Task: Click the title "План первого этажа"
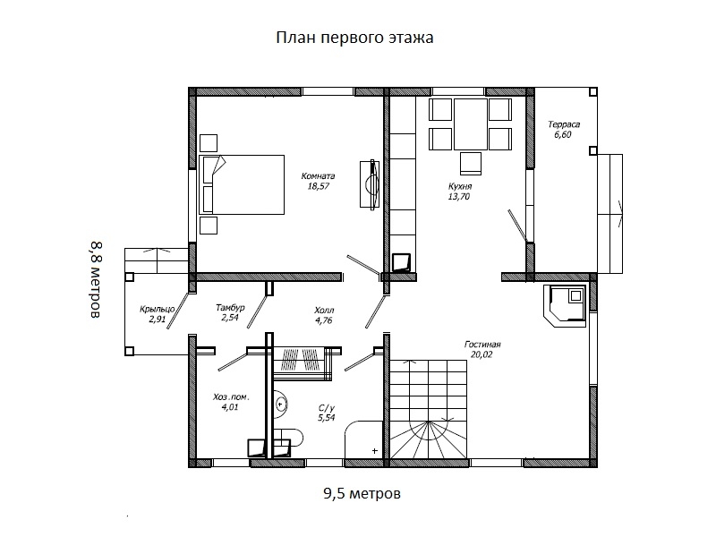click(354, 38)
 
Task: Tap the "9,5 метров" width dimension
click(362, 493)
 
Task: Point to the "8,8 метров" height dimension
click(95, 279)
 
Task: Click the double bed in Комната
click(242, 184)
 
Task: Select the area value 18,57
click(319, 186)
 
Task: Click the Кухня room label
click(460, 186)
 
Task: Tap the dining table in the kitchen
click(471, 124)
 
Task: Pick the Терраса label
click(564, 124)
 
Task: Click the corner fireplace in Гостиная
click(565, 306)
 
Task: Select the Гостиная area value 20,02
click(482, 354)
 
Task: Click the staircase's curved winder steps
click(429, 439)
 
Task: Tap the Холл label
click(324, 310)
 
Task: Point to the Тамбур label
click(230, 308)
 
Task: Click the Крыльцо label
click(158, 310)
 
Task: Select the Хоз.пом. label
click(231, 396)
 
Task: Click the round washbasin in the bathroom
click(280, 405)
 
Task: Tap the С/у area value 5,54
click(327, 417)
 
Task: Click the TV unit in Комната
click(370, 184)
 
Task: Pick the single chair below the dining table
click(471, 164)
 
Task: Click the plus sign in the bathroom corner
click(375, 451)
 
